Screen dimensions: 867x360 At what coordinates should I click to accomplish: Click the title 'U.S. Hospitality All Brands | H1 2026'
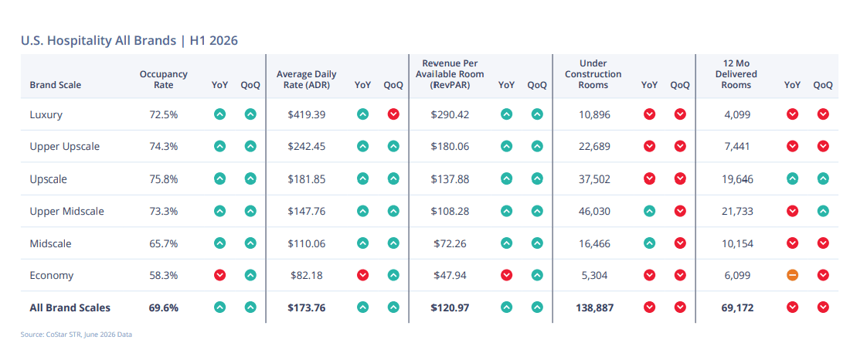pos(129,40)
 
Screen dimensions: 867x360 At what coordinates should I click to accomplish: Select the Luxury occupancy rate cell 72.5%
pos(164,115)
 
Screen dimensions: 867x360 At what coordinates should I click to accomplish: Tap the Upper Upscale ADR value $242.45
pos(307,147)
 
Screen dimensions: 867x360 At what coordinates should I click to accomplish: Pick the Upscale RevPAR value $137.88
pos(450,178)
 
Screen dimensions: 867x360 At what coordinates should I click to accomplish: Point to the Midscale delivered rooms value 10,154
pos(737,243)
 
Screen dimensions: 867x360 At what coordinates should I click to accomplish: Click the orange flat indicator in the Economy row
pos(792,275)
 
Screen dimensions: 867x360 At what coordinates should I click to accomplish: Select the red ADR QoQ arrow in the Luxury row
pos(393,114)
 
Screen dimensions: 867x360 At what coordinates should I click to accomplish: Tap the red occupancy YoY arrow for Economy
pos(219,275)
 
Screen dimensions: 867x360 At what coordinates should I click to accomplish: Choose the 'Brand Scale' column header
pos(56,85)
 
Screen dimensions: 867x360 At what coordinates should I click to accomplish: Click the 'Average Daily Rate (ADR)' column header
pos(306,80)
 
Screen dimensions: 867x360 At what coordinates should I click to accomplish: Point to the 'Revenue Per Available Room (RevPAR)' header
pos(450,74)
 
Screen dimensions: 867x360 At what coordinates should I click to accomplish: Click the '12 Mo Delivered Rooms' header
pos(736,74)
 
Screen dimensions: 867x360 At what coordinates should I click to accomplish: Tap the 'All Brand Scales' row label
pos(70,307)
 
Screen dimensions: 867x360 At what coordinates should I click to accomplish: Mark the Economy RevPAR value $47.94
pos(450,275)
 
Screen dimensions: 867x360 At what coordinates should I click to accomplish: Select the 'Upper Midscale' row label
pos(67,211)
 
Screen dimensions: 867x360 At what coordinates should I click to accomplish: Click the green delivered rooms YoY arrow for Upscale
pos(792,178)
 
